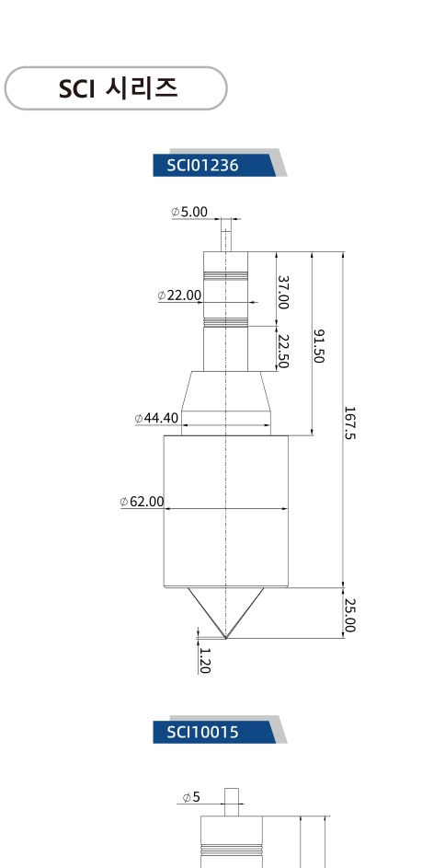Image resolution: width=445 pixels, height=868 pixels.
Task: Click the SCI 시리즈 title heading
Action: [118, 88]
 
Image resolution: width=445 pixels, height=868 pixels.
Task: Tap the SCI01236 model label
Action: [202, 165]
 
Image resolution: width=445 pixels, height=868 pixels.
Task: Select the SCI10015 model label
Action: [202, 732]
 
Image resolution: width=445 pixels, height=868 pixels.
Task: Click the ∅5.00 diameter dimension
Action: [189, 212]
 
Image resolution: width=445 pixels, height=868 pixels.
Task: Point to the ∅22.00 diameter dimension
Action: [179, 295]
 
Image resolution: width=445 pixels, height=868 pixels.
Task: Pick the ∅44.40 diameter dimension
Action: [156, 418]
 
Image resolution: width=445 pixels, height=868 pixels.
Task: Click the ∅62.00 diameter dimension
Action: [143, 502]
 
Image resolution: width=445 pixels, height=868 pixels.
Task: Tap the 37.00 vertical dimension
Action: [283, 293]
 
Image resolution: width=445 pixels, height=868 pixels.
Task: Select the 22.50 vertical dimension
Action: [283, 351]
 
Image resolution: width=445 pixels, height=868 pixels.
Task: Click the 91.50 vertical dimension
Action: [319, 346]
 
